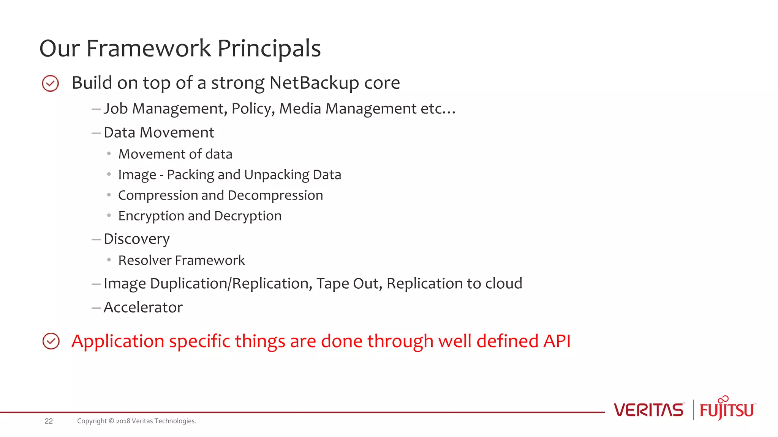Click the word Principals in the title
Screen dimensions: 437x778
click(269, 49)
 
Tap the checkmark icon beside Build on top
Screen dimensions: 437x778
click(51, 83)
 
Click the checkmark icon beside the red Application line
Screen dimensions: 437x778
click(51, 341)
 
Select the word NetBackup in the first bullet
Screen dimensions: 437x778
click(314, 83)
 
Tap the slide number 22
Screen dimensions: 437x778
click(49, 421)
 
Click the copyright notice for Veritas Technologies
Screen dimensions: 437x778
click(136, 421)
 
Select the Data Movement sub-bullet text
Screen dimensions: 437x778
click(159, 133)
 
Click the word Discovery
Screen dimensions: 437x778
click(136, 239)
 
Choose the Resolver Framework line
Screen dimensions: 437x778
click(181, 261)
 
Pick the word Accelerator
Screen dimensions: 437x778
click(143, 308)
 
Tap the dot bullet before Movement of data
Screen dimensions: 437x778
click(109, 154)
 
